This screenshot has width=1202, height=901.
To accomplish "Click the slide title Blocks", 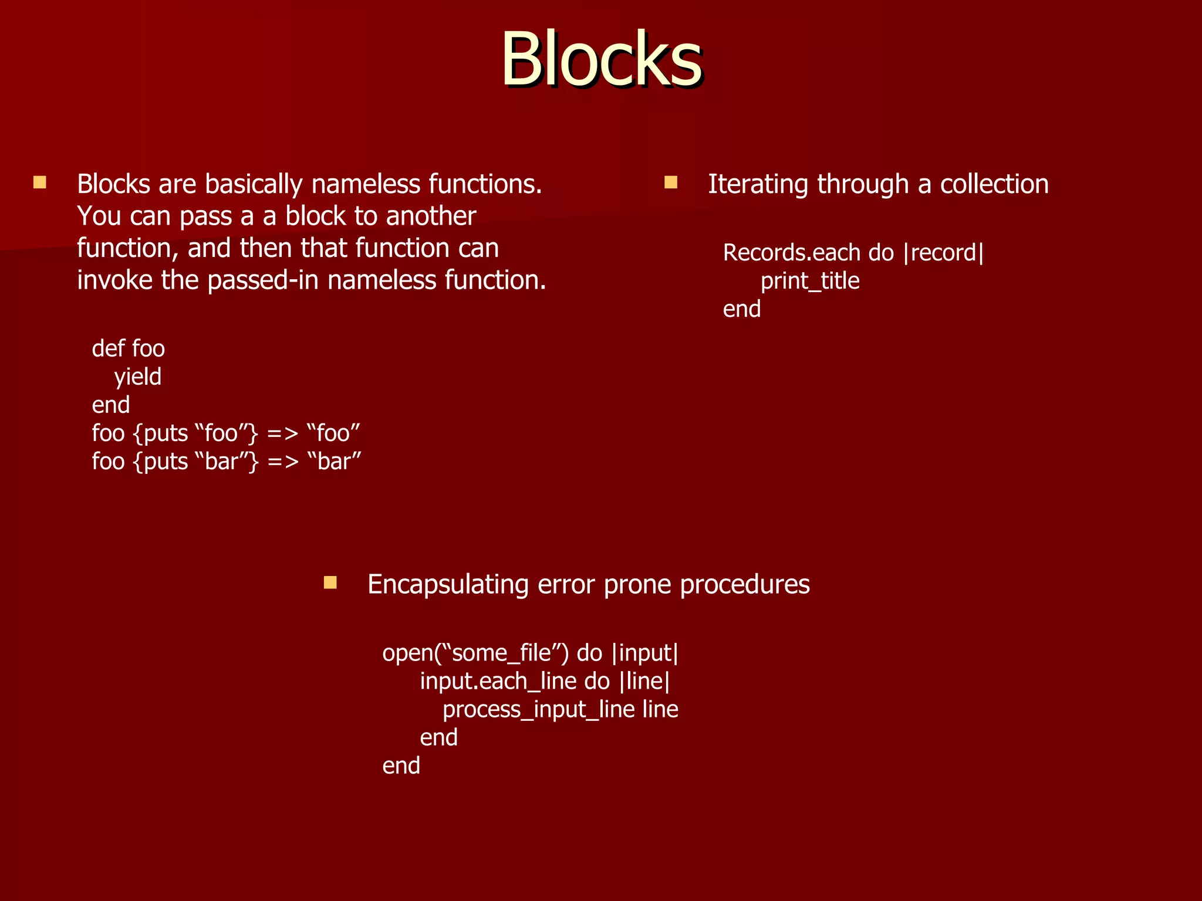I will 601,60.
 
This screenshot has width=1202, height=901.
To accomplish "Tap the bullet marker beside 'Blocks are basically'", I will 40,182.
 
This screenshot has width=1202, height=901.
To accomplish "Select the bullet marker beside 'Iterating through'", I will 670,182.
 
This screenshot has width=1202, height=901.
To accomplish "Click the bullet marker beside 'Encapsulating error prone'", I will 330,582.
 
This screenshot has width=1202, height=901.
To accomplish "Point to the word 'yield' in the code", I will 137,377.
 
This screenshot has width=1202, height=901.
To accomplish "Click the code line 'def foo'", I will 128,349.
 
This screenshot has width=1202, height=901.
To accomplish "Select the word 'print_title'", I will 810,282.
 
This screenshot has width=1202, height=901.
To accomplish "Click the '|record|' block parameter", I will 944,253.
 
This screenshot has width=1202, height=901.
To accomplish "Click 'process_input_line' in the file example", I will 538,710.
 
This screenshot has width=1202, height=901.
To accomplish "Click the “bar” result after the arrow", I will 334,462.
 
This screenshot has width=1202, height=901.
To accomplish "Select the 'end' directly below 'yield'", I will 111,405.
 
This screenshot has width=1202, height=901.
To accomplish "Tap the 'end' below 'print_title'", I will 742,309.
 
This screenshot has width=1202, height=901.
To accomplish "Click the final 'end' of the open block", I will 401,766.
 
